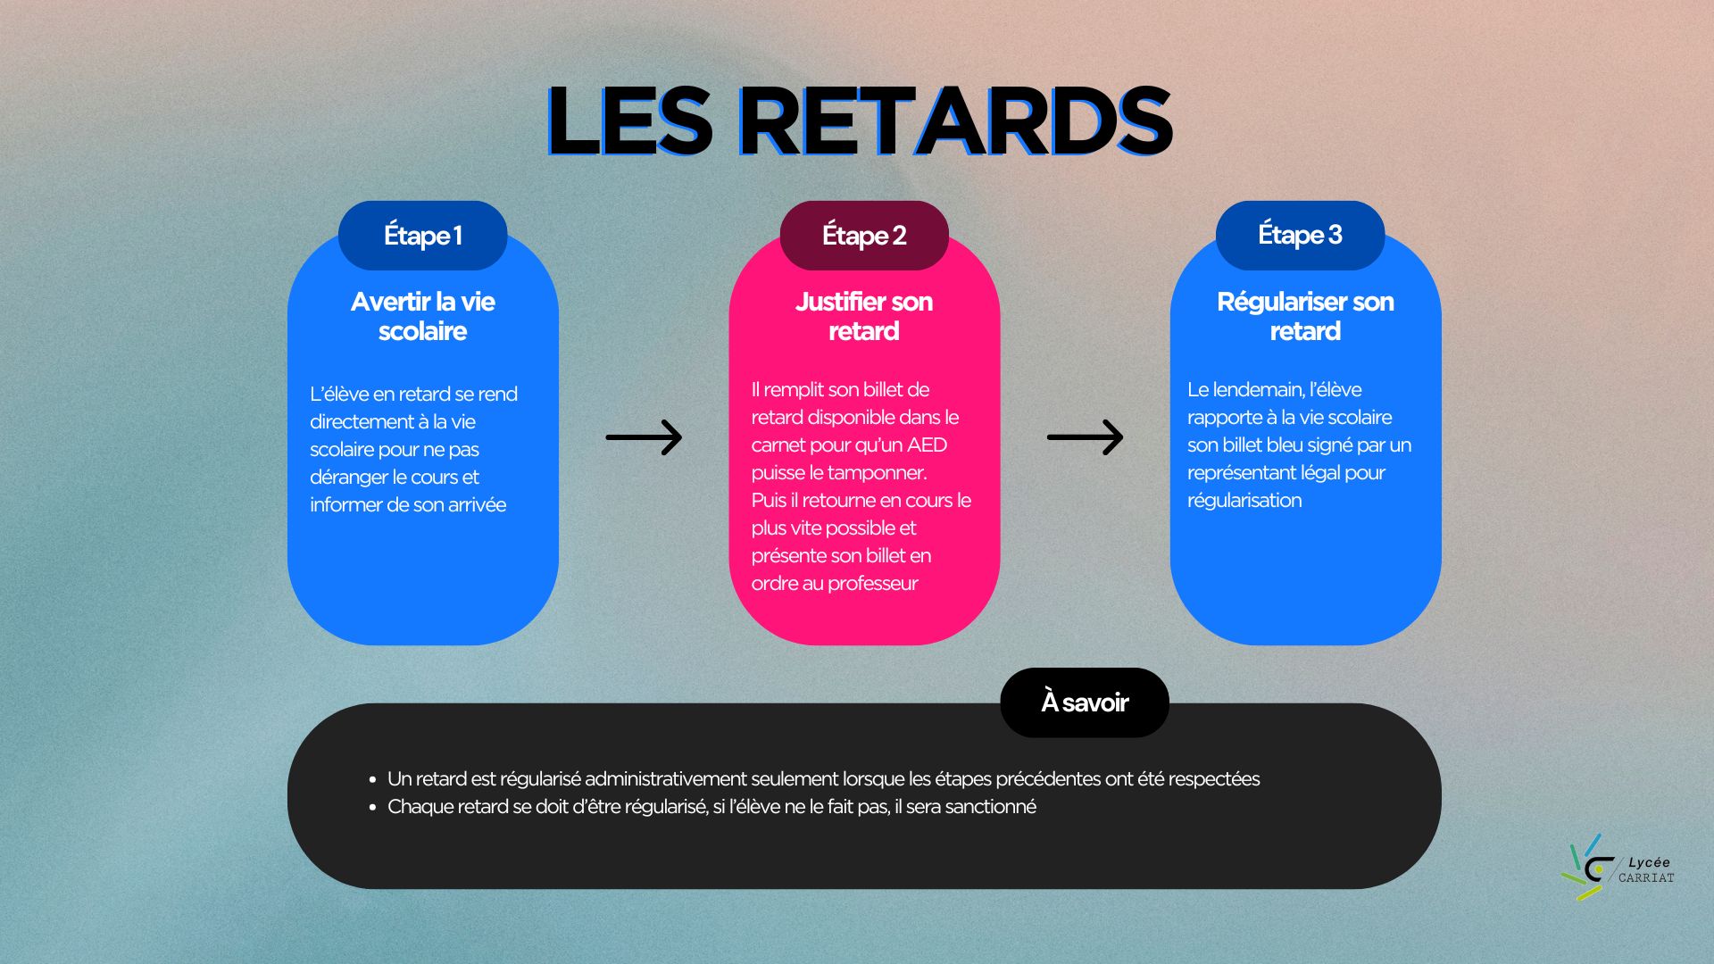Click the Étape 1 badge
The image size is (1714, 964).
[422, 236]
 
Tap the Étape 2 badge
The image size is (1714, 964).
[864, 236]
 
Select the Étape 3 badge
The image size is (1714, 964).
[1300, 236]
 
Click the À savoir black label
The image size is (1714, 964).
[1085, 702]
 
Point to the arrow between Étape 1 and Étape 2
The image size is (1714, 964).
[644, 437]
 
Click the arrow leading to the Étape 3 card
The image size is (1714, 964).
[1085, 437]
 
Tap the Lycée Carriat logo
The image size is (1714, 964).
[1617, 868]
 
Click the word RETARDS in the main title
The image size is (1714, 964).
[955, 121]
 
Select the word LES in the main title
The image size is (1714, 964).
[629, 121]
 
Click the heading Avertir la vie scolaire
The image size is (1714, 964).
[422, 316]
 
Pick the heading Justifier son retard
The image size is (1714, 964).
[864, 316]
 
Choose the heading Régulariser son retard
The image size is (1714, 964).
[1305, 316]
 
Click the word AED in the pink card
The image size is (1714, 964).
[927, 445]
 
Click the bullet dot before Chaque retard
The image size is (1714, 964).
[372, 807]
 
